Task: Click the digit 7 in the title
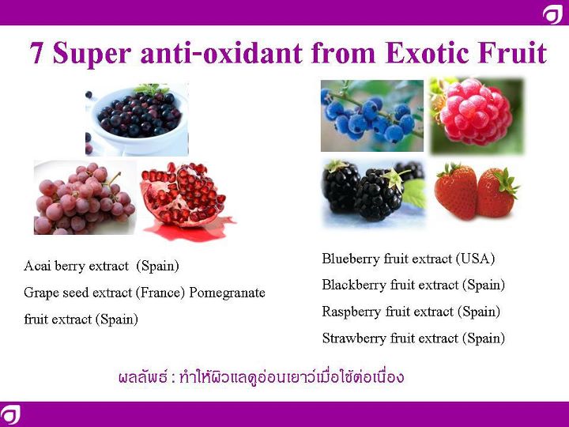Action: coord(36,53)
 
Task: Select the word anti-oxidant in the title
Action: coord(221,53)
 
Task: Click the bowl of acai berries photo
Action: coord(137,119)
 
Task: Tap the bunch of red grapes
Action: coord(85,198)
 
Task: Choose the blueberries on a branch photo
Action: coord(372,115)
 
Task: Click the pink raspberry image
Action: coord(477,115)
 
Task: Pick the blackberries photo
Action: coord(374,193)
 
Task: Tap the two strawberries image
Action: coord(477,191)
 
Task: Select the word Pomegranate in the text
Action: coord(227,293)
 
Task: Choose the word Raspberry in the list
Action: coord(351,312)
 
